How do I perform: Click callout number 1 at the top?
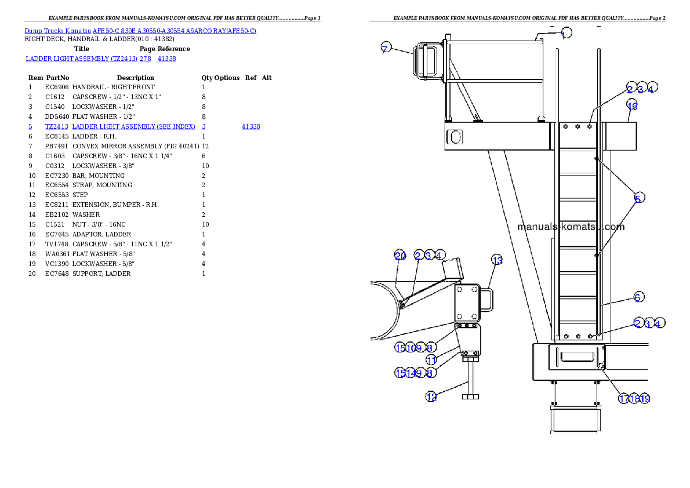pyautogui.click(x=566, y=34)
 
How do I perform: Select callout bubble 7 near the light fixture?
pyautogui.click(x=386, y=48)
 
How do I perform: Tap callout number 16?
pyautogui.click(x=632, y=105)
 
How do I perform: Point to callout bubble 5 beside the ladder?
pyautogui.click(x=638, y=198)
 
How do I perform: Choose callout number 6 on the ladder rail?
pyautogui.click(x=638, y=297)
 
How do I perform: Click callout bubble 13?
pyautogui.click(x=497, y=260)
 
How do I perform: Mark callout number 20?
pyautogui.click(x=400, y=256)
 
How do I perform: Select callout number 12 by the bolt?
pyautogui.click(x=431, y=396)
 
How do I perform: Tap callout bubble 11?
pyautogui.click(x=431, y=360)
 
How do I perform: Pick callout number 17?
pyautogui.click(x=623, y=399)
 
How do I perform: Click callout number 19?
pyautogui.click(x=645, y=399)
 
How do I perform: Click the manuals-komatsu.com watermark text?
pyautogui.click(x=571, y=227)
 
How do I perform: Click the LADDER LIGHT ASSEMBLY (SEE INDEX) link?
pyautogui.click(x=133, y=126)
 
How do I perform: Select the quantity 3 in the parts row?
pyautogui.click(x=204, y=126)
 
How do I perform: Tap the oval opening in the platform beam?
pyautogui.click(x=456, y=137)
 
